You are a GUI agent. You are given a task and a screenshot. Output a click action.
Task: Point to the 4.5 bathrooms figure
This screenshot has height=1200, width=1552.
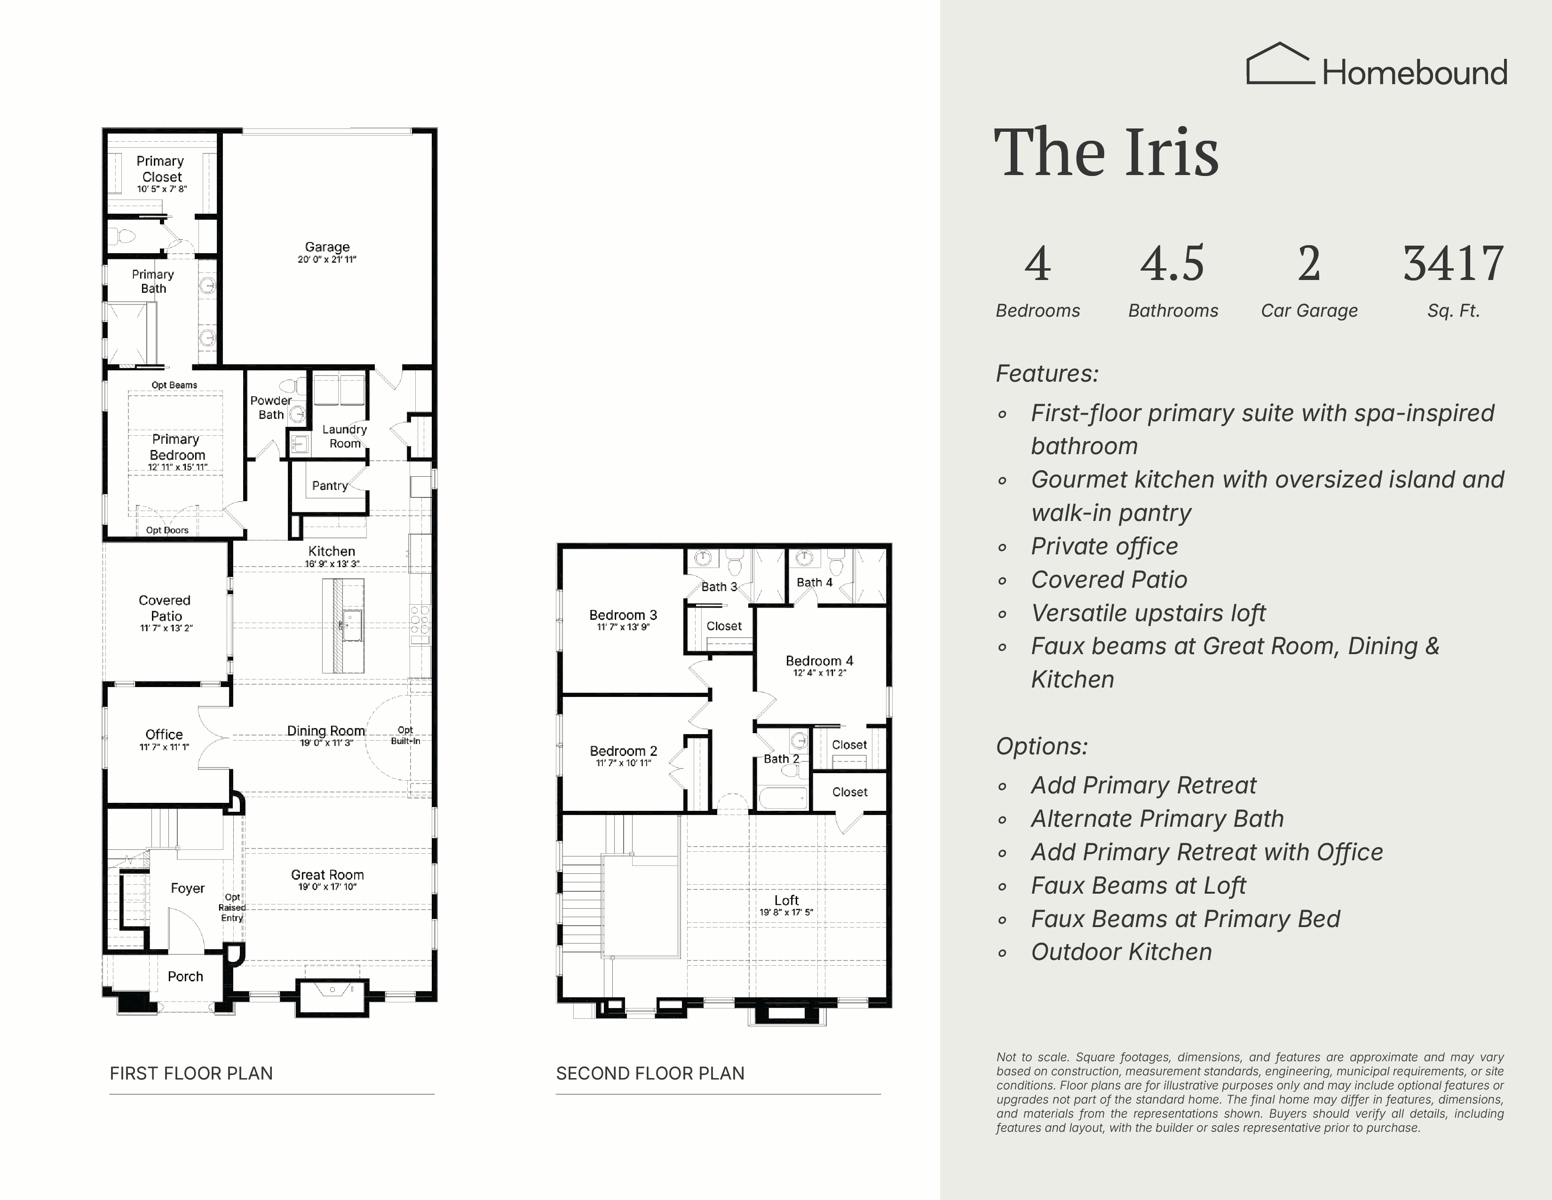coord(1172,263)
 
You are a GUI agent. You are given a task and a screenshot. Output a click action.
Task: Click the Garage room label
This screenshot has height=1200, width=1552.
coord(327,247)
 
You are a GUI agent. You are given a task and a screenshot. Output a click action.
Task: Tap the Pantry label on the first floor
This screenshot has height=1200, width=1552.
coord(330,486)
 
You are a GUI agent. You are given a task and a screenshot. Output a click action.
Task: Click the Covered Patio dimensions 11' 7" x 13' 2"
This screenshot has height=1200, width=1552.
coord(166,628)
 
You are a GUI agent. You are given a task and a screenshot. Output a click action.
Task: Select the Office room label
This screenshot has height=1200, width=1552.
coord(164,735)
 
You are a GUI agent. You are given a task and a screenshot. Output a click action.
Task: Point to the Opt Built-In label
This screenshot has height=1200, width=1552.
coord(405,735)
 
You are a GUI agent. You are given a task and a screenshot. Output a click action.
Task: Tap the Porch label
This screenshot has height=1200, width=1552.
coord(185,976)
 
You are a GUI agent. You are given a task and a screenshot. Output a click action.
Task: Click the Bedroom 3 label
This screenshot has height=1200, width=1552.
coord(623,615)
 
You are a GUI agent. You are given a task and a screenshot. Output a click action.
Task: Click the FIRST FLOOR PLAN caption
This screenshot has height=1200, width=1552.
coord(191,1073)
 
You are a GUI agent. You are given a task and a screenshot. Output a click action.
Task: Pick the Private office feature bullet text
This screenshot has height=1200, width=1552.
coord(1104,546)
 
